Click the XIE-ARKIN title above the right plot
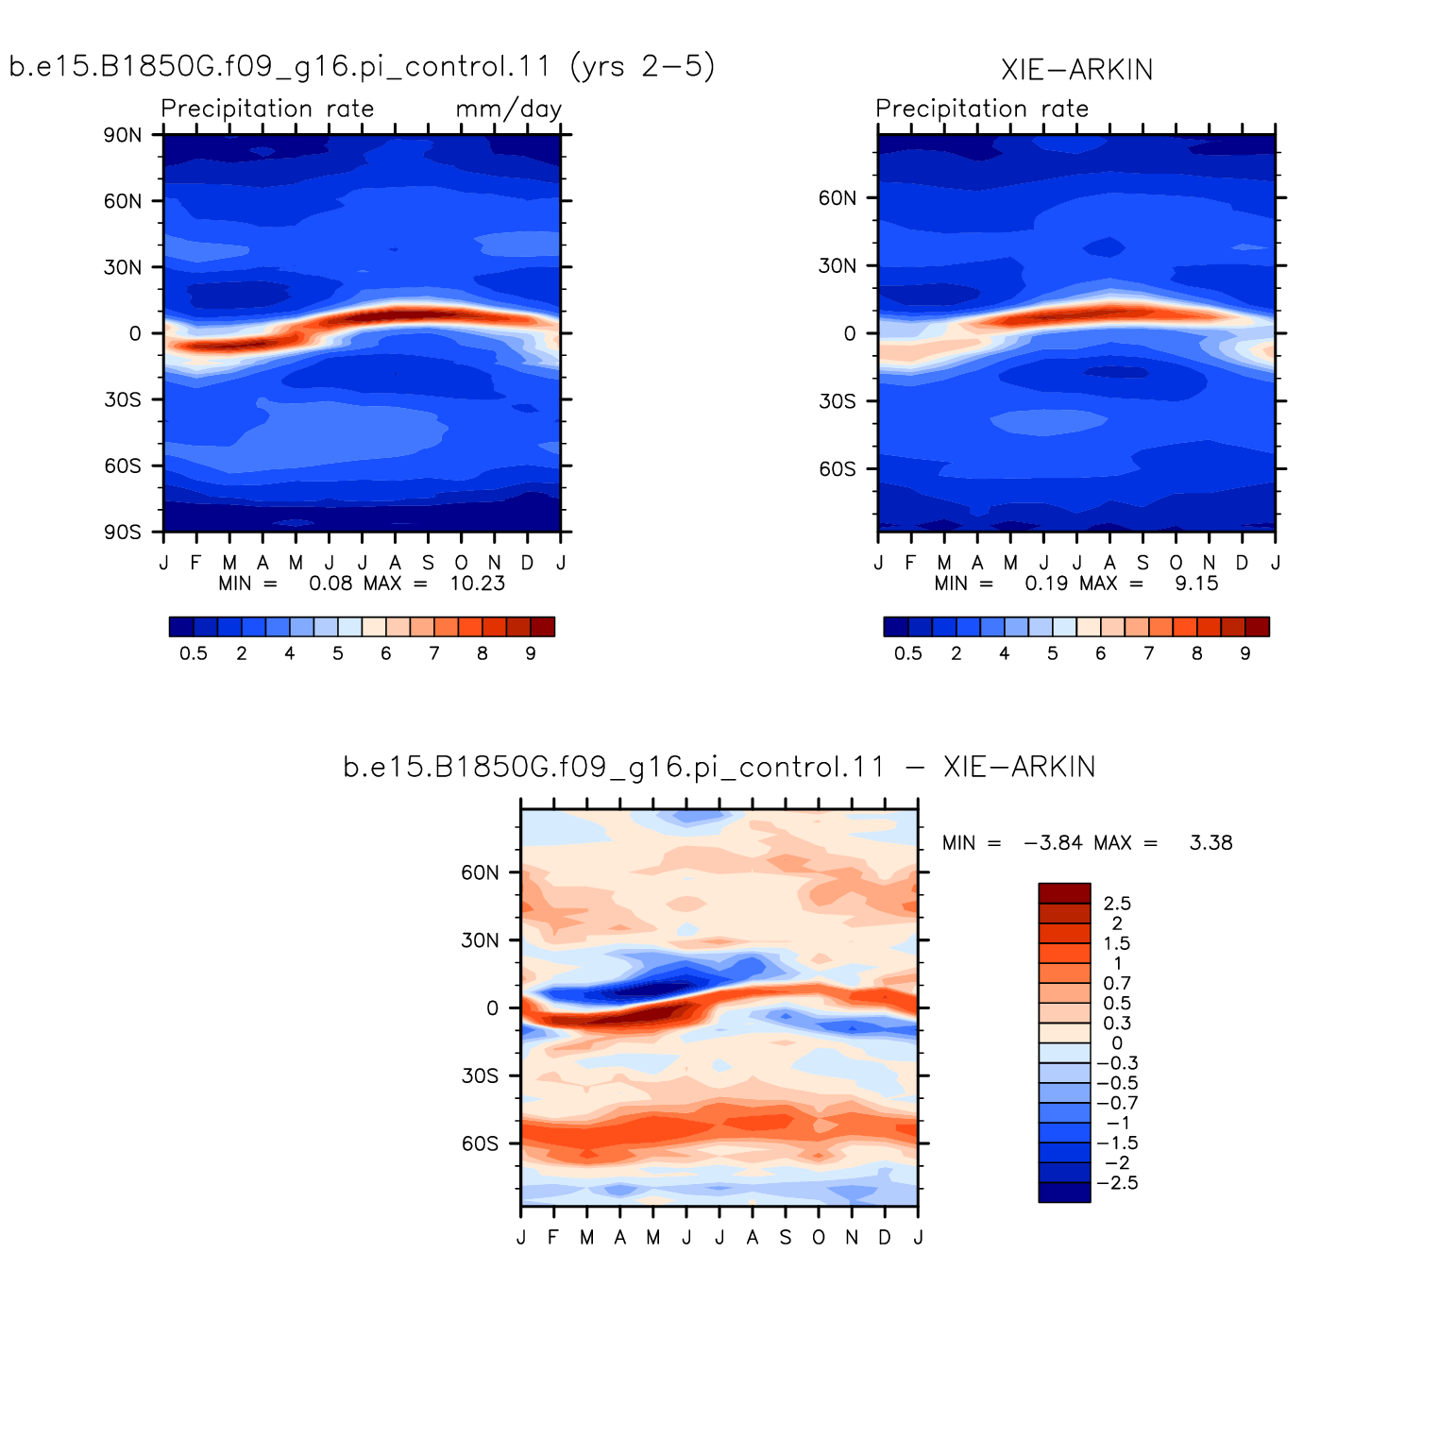[x=1076, y=70]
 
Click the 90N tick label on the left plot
[x=123, y=135]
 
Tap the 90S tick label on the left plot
[x=123, y=533]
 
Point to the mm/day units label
[x=509, y=110]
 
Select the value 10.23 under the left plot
[x=478, y=584]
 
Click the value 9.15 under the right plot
[x=1196, y=584]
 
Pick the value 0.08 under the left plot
[x=330, y=584]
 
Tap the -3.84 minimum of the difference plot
[x=1053, y=843]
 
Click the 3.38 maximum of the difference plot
[x=1211, y=843]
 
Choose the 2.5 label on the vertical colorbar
[x=1117, y=904]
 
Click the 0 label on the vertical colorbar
[x=1117, y=1043]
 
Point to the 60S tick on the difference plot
[x=480, y=1143]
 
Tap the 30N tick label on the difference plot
[x=480, y=940]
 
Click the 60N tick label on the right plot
[x=838, y=198]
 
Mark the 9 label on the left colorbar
[x=531, y=653]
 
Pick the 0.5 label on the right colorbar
[x=908, y=653]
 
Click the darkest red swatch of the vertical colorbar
[x=1064, y=893]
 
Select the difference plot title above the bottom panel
[x=719, y=767]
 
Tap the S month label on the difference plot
[x=786, y=1237]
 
